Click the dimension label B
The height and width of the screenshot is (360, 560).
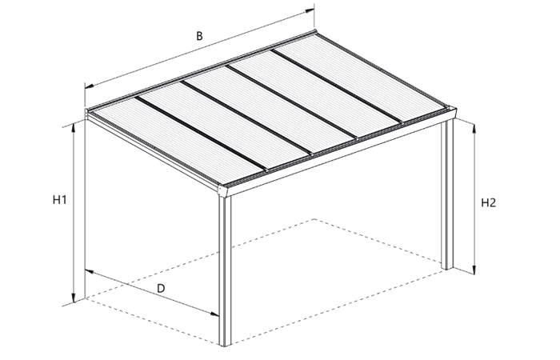(199, 36)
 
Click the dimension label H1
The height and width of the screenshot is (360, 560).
(60, 200)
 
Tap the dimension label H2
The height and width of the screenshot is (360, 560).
(488, 203)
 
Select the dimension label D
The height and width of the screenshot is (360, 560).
(161, 288)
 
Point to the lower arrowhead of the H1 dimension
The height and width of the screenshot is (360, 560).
(74, 298)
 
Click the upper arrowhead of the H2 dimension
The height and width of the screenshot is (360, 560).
(474, 127)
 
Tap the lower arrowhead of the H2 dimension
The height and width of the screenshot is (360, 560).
(474, 270)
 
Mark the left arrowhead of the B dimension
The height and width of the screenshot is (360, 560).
(90, 86)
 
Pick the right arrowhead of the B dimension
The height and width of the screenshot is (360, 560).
(310, 11)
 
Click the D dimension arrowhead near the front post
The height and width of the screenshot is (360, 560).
(214, 314)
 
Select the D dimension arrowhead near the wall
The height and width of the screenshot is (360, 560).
(90, 271)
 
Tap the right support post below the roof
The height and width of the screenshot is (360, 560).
(447, 194)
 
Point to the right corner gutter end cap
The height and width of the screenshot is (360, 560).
(452, 113)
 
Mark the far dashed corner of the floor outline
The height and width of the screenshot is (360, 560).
(314, 218)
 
